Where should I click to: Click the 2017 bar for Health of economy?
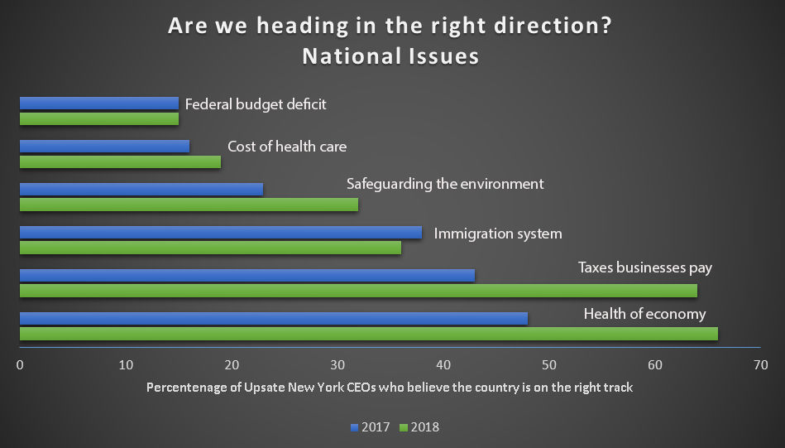click(x=273, y=318)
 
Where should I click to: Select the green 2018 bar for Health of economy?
click(x=368, y=334)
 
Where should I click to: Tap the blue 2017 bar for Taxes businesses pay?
click(x=247, y=275)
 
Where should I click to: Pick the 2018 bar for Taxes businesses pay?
click(x=358, y=291)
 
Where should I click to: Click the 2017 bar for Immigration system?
click(x=220, y=233)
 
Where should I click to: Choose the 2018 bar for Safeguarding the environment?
click(x=189, y=205)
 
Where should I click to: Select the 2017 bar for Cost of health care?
click(x=104, y=147)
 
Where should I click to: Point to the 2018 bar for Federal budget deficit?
click(x=98, y=119)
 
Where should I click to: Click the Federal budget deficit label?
click(x=256, y=104)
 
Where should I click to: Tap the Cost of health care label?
click(x=287, y=147)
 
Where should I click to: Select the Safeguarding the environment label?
click(x=445, y=183)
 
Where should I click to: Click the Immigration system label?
click(x=498, y=234)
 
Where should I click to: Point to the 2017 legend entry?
click(x=370, y=427)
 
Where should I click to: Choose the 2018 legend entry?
click(x=419, y=427)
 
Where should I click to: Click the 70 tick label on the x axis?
click(x=761, y=364)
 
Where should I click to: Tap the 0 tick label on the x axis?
click(x=20, y=364)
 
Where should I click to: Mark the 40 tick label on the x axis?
click(x=443, y=364)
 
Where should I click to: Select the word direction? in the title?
click(x=543, y=26)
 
